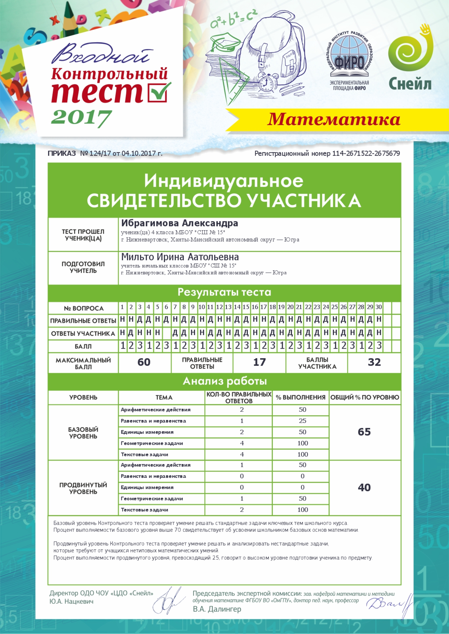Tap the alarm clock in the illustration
click(266, 82)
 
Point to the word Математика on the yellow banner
click(334, 119)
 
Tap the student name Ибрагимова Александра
click(180, 223)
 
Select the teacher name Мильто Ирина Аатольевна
click(180, 257)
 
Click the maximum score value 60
click(144, 362)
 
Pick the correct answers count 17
click(259, 362)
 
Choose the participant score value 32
click(374, 362)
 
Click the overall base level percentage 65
click(364, 432)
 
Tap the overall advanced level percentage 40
click(364, 487)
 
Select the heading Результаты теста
click(224, 292)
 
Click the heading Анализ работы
click(224, 381)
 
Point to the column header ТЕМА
click(164, 397)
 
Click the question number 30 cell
click(379, 307)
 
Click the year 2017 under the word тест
click(81, 118)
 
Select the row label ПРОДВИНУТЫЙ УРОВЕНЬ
click(83, 488)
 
